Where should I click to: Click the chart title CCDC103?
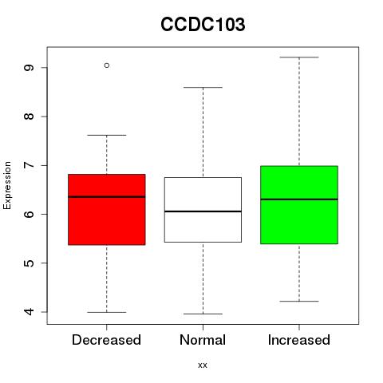[203, 25]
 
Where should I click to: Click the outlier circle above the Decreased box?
[107, 65]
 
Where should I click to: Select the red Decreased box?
[107, 210]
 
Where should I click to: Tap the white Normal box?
[203, 210]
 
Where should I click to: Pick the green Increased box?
[299, 205]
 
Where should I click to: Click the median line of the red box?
[107, 197]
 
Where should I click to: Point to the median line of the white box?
[203, 211]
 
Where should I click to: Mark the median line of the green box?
[299, 199]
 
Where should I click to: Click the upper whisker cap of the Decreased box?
[107, 135]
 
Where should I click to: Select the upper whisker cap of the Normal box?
[203, 87]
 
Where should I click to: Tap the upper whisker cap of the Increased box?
[299, 57]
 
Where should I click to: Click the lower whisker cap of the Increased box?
[299, 301]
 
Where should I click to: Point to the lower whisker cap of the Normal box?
[203, 314]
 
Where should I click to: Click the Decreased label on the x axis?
[106, 340]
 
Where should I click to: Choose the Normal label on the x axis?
[203, 340]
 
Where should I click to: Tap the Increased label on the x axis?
[299, 340]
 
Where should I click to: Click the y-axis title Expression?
[7, 185]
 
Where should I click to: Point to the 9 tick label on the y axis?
[29, 68]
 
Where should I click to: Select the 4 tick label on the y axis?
[29, 312]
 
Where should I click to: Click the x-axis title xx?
[203, 365]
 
